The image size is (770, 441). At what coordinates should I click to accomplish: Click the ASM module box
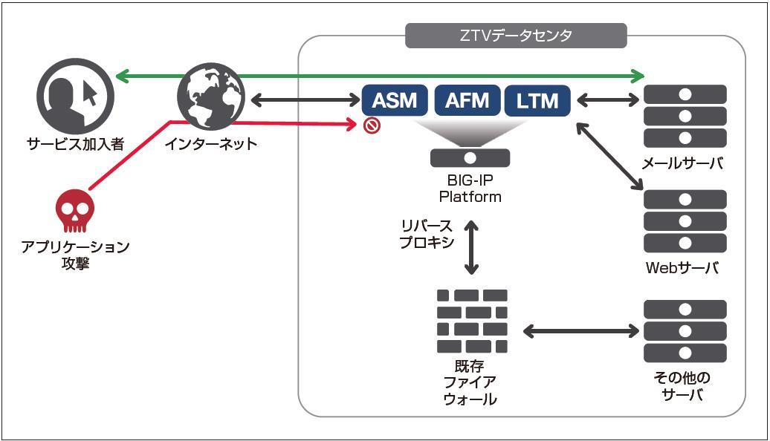[x=395, y=100]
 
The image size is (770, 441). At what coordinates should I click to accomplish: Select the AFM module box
[x=467, y=100]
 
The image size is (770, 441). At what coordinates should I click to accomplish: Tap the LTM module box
[x=537, y=100]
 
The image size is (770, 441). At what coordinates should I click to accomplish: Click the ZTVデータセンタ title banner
[x=516, y=36]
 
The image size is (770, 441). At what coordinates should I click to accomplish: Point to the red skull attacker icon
[x=76, y=211]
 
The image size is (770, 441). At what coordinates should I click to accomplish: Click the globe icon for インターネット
[x=210, y=96]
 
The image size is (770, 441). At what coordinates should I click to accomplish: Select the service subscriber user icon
[x=75, y=95]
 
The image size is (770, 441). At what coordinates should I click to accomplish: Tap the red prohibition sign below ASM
[x=372, y=125]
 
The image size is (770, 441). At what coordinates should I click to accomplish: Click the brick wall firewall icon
[x=472, y=321]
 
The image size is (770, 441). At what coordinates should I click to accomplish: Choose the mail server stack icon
[x=685, y=116]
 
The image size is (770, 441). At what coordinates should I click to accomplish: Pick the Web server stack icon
[x=685, y=221]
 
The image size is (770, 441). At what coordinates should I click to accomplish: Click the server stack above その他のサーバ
[x=685, y=331]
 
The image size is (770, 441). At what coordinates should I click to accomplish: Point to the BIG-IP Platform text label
[x=470, y=189]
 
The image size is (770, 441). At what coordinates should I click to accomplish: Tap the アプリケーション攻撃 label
[x=76, y=255]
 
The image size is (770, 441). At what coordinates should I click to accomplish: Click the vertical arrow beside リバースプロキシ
[x=470, y=246]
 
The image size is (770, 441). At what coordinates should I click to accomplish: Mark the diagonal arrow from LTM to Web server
[x=609, y=155]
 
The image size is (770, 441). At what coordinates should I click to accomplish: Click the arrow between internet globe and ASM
[x=302, y=99]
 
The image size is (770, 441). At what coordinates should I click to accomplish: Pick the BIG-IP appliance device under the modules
[x=470, y=157]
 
